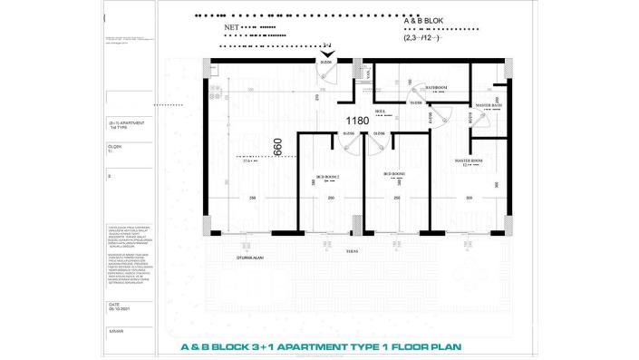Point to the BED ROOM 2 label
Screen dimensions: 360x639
(x=328, y=176)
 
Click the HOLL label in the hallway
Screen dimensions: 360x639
(x=382, y=111)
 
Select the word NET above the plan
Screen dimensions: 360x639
(x=232, y=28)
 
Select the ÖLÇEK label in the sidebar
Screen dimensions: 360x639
(x=114, y=145)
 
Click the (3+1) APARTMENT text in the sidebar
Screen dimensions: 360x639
(x=126, y=122)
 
